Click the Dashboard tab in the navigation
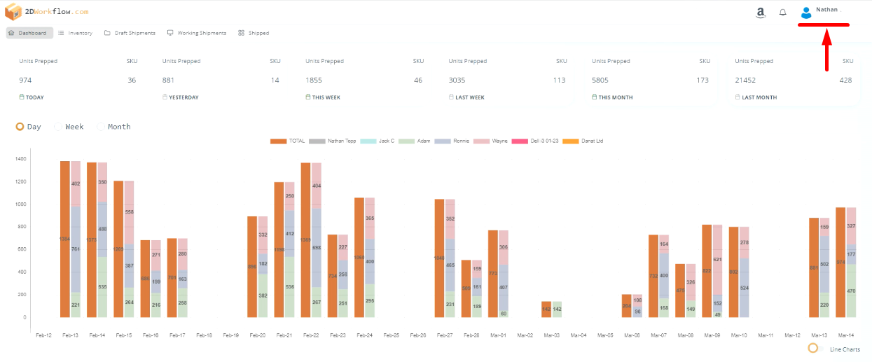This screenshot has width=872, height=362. [x=27, y=33]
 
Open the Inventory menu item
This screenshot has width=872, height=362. [x=76, y=33]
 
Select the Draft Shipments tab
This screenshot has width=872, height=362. [x=130, y=33]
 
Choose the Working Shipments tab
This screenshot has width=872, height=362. [x=197, y=33]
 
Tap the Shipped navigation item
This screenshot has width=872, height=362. [x=254, y=33]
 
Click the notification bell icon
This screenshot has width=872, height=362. [x=783, y=13]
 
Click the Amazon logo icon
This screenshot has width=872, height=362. [x=761, y=13]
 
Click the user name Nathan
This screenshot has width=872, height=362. [x=826, y=10]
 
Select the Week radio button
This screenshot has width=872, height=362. [x=59, y=127]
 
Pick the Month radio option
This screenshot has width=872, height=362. [x=102, y=127]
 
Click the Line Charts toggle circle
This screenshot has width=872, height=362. [x=813, y=348]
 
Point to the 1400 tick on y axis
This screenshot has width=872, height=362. [x=20, y=159]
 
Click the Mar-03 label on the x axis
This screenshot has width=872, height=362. [x=551, y=335]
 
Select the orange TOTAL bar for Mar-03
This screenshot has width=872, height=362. [x=546, y=309]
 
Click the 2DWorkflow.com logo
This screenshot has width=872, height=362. [x=47, y=11]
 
